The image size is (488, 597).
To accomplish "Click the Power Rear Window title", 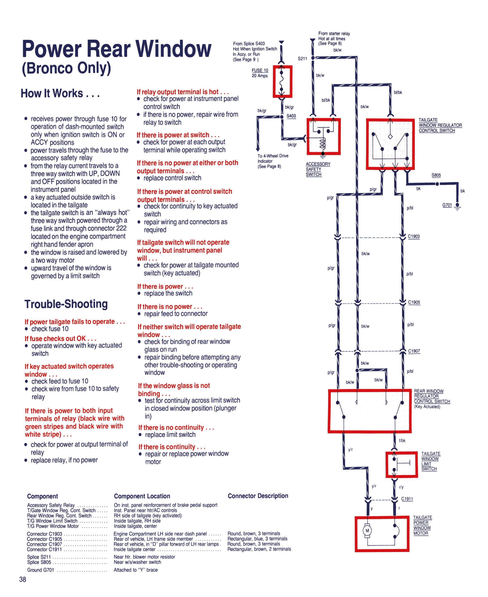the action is click(117, 49).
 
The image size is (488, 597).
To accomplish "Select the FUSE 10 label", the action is click(260, 70).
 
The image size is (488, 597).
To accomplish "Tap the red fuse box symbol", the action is click(282, 82).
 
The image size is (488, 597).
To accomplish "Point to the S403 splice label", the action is click(291, 116).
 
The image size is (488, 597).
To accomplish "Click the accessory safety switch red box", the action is click(324, 136).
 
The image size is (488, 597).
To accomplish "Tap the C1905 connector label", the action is click(414, 302).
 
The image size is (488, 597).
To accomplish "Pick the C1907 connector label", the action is click(414, 351).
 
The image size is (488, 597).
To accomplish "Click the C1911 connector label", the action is click(407, 499).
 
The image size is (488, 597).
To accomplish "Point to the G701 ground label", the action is click(447, 205).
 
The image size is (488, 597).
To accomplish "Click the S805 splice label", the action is click(436, 175).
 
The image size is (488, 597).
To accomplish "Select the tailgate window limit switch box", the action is click(402, 465).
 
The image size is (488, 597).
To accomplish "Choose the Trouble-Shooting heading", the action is click(66, 304).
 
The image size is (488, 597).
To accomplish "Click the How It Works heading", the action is click(60, 93).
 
